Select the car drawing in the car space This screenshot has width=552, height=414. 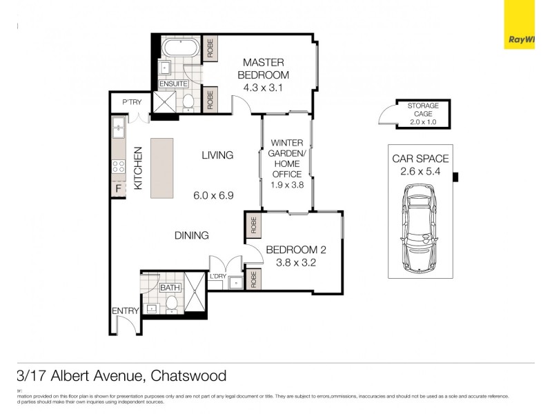click(x=420, y=233)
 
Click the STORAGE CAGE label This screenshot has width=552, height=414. click(x=423, y=110)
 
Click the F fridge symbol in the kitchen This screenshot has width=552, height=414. click(x=118, y=188)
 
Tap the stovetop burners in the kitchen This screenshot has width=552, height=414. click(x=118, y=166)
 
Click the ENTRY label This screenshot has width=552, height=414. click(x=126, y=311)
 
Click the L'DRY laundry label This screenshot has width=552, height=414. click(x=218, y=277)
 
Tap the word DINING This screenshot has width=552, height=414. click(x=191, y=235)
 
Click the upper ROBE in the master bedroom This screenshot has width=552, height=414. click(x=210, y=47)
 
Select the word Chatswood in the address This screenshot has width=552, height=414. click(x=187, y=376)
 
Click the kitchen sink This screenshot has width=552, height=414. click(x=118, y=127)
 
